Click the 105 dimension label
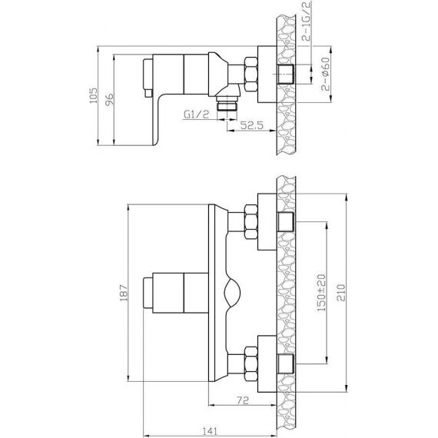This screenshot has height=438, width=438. [x=93, y=95]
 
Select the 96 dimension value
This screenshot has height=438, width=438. [x=109, y=99]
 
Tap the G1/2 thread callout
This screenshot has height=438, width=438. [x=196, y=114]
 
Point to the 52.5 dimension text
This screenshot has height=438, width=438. [x=252, y=125]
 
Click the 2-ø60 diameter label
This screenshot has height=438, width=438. [x=326, y=74]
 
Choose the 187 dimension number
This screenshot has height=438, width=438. [x=124, y=293]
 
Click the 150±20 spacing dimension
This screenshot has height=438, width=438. [x=321, y=293]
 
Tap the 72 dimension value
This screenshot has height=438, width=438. [x=243, y=400]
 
